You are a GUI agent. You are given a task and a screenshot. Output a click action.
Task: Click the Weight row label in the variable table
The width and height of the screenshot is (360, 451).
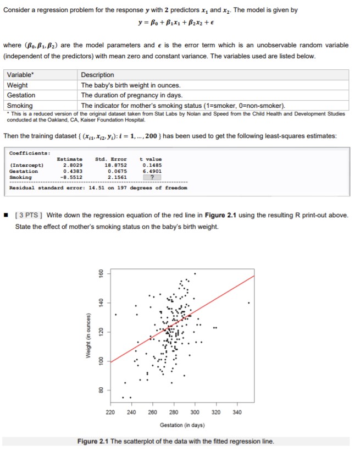click(x=17, y=85)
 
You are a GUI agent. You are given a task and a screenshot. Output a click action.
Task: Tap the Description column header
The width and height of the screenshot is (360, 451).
click(x=97, y=75)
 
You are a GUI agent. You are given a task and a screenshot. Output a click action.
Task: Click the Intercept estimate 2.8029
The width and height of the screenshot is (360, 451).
click(x=73, y=164)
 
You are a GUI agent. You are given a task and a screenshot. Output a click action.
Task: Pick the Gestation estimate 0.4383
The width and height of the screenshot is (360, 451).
click(x=73, y=171)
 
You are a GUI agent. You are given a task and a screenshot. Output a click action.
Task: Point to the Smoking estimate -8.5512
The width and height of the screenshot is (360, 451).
click(x=72, y=177)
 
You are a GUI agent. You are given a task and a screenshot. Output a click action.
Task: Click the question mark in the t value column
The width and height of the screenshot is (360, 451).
click(x=152, y=177)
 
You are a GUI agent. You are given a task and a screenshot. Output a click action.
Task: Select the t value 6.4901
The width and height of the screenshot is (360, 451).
click(x=152, y=171)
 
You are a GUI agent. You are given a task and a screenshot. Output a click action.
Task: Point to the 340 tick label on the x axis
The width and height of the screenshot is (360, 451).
click(x=237, y=413)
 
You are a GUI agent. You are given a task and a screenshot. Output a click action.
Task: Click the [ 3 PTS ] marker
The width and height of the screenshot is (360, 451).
click(x=30, y=215)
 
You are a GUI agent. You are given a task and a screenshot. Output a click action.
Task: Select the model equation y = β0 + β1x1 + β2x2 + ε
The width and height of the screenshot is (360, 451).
click(x=179, y=27)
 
